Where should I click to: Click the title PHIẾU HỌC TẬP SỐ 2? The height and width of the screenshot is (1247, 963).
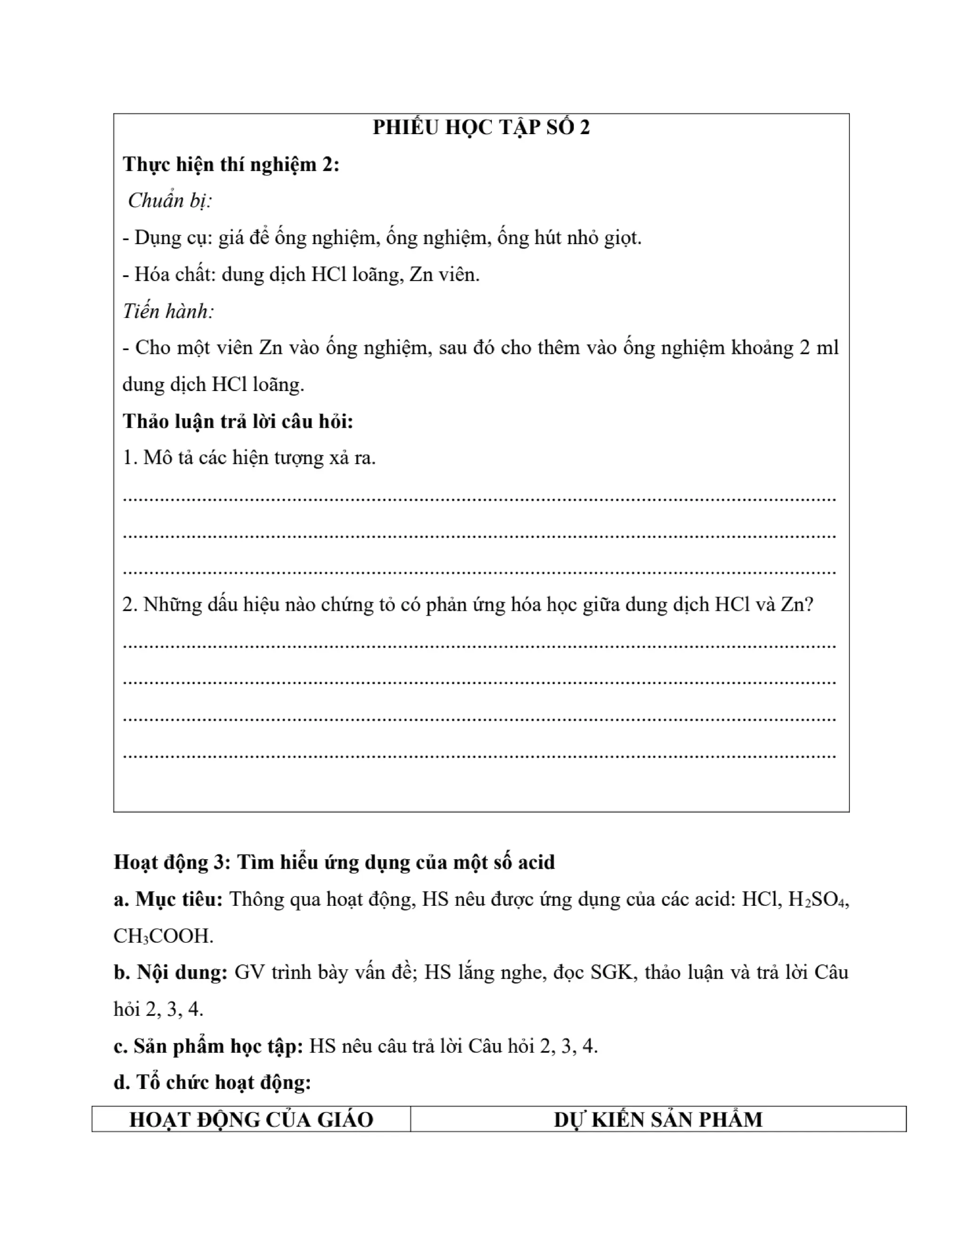click(x=481, y=128)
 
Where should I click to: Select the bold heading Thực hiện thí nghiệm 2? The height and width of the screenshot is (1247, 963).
click(x=230, y=164)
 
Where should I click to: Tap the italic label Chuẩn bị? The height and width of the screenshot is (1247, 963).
click(x=169, y=200)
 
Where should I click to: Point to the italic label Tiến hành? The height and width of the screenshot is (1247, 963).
click(x=168, y=311)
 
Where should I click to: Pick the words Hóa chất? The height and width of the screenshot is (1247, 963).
click(x=168, y=275)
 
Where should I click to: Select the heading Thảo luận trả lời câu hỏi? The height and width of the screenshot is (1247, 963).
click(x=238, y=421)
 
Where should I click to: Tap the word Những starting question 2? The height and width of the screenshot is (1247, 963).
click(x=171, y=605)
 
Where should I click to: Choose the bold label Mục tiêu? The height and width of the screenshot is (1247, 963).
click(x=178, y=900)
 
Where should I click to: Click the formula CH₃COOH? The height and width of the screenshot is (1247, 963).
click(x=163, y=936)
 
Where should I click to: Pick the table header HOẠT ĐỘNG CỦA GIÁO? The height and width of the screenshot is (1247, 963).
click(x=251, y=1119)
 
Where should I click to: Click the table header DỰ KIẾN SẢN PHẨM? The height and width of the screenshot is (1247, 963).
click(x=658, y=1119)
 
